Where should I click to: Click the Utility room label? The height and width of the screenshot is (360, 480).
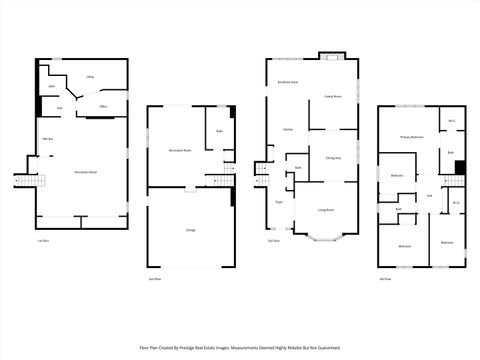pyautogui.click(x=90, y=77)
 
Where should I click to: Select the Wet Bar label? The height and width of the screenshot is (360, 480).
pyautogui.click(x=47, y=138)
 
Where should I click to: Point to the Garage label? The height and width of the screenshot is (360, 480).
pyautogui.click(x=190, y=230)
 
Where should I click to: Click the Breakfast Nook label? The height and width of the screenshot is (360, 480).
pyautogui.click(x=288, y=81)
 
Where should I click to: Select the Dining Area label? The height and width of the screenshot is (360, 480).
pyautogui.click(x=333, y=158)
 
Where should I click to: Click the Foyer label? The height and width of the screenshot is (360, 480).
pyautogui.click(x=279, y=202)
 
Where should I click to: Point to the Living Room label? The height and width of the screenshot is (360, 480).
pyautogui.click(x=326, y=209)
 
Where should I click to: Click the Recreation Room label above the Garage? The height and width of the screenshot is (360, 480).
pyautogui.click(x=179, y=151)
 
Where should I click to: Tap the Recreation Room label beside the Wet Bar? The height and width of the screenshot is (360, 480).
pyautogui.click(x=71, y=172)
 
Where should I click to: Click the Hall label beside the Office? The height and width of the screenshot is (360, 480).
pyautogui.click(x=60, y=107)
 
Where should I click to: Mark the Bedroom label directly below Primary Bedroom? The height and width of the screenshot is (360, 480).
pyautogui.click(x=397, y=174)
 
